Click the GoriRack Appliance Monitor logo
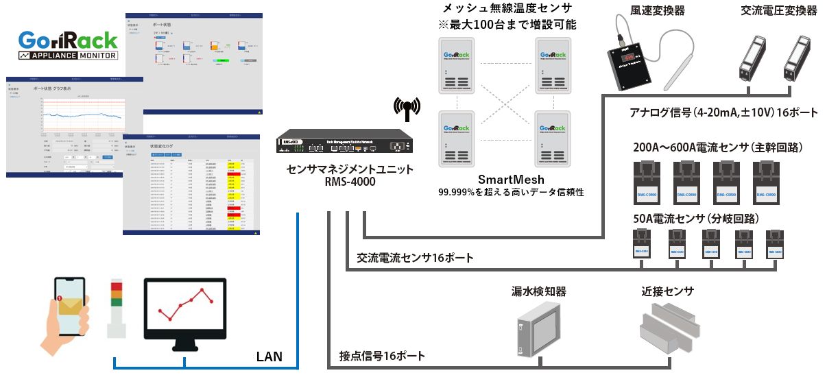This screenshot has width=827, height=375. [x=67, y=46]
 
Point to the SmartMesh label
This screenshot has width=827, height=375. [x=507, y=180]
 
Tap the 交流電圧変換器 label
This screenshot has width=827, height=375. [x=778, y=11]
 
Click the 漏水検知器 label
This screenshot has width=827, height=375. [x=538, y=291]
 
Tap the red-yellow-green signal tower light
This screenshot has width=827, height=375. [x=117, y=307]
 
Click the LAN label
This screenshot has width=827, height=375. [x=269, y=356]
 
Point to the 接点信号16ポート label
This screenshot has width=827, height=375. [x=382, y=356]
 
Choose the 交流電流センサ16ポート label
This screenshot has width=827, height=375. [x=415, y=258]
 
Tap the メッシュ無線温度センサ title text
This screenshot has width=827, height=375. [x=507, y=9]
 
